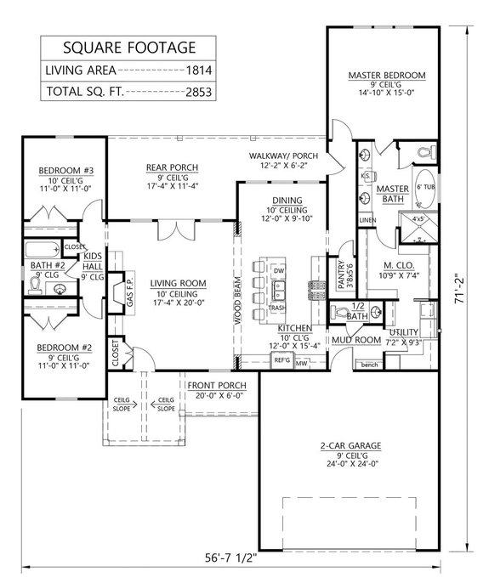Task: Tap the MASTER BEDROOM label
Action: pyautogui.click(x=387, y=75)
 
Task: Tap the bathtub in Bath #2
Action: pyautogui.click(x=38, y=249)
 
